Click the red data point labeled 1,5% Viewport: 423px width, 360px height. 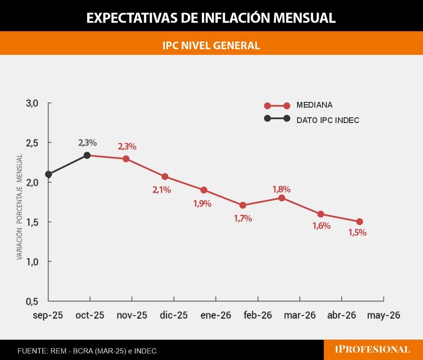[x=360, y=222]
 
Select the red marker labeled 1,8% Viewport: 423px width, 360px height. [x=282, y=198]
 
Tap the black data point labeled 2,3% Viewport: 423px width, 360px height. [x=87, y=155]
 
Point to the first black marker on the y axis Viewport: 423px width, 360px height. [x=49, y=174]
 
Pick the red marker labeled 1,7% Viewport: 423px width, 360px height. [x=243, y=205]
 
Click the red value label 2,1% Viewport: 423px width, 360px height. [x=162, y=190]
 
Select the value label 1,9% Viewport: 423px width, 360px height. [x=202, y=203]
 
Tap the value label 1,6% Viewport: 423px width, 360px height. [x=321, y=226]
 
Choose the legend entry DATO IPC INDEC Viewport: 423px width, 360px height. [x=327, y=120]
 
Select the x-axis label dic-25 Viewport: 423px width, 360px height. [x=174, y=316]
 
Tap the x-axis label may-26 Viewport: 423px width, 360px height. [x=384, y=316]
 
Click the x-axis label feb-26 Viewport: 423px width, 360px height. [x=258, y=316]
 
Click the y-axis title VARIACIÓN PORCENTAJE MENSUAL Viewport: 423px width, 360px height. [x=20, y=207]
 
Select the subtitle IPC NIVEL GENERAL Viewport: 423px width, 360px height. [x=211, y=46]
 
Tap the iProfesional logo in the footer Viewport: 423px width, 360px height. [x=373, y=350]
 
